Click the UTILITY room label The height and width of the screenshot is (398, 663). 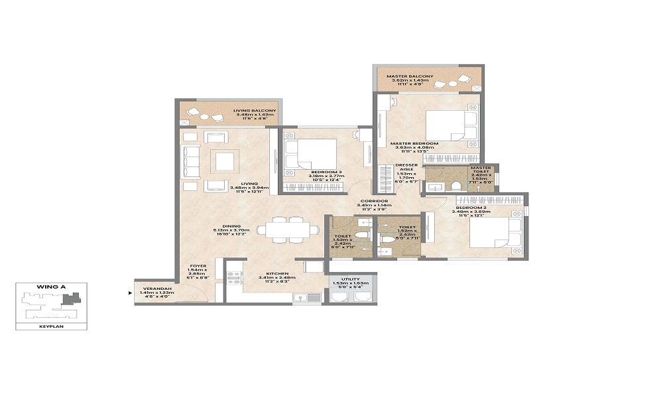[350, 279]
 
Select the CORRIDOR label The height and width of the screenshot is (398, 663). [375, 200]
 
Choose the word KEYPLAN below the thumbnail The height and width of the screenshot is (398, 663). [50, 326]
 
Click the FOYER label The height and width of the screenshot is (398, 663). [196, 266]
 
